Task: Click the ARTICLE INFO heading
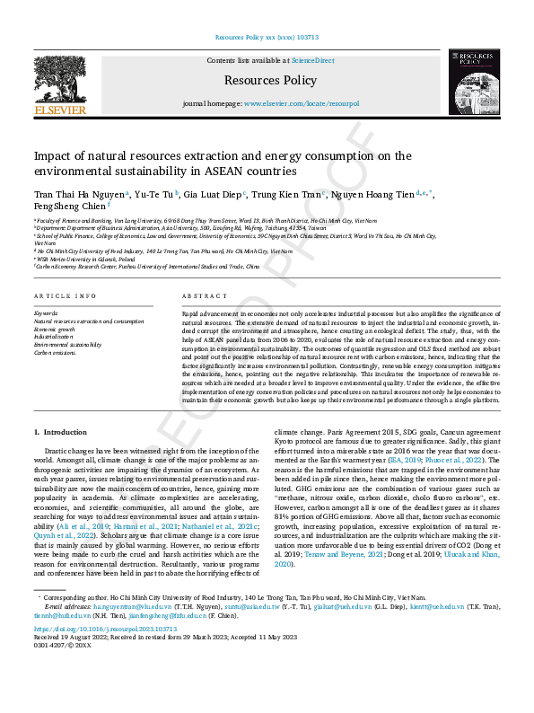pyautogui.click(x=66, y=296)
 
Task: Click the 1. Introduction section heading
pyautogui.click(x=66, y=433)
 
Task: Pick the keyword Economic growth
pyautogui.click(x=56, y=329)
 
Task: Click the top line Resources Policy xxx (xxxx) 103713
pyautogui.click(x=267, y=38)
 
